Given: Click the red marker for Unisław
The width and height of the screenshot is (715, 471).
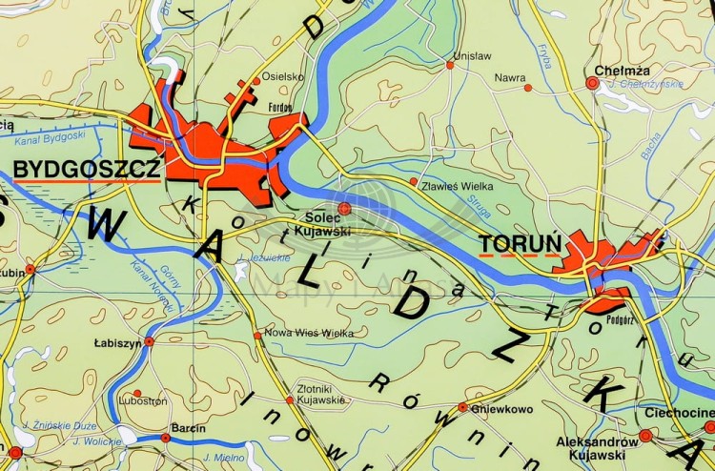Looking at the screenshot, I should (451, 65).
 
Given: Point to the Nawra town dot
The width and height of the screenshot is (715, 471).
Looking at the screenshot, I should (528, 88).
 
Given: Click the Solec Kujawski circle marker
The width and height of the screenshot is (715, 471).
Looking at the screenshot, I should (344, 208).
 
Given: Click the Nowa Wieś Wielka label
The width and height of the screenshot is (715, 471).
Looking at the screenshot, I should (309, 333).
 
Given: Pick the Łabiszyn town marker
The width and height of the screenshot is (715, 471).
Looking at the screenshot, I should (149, 341).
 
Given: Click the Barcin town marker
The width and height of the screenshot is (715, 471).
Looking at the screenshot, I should (165, 438).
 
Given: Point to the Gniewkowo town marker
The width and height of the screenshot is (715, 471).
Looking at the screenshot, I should (462, 407).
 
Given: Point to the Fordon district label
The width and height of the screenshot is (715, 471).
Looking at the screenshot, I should (280, 108).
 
